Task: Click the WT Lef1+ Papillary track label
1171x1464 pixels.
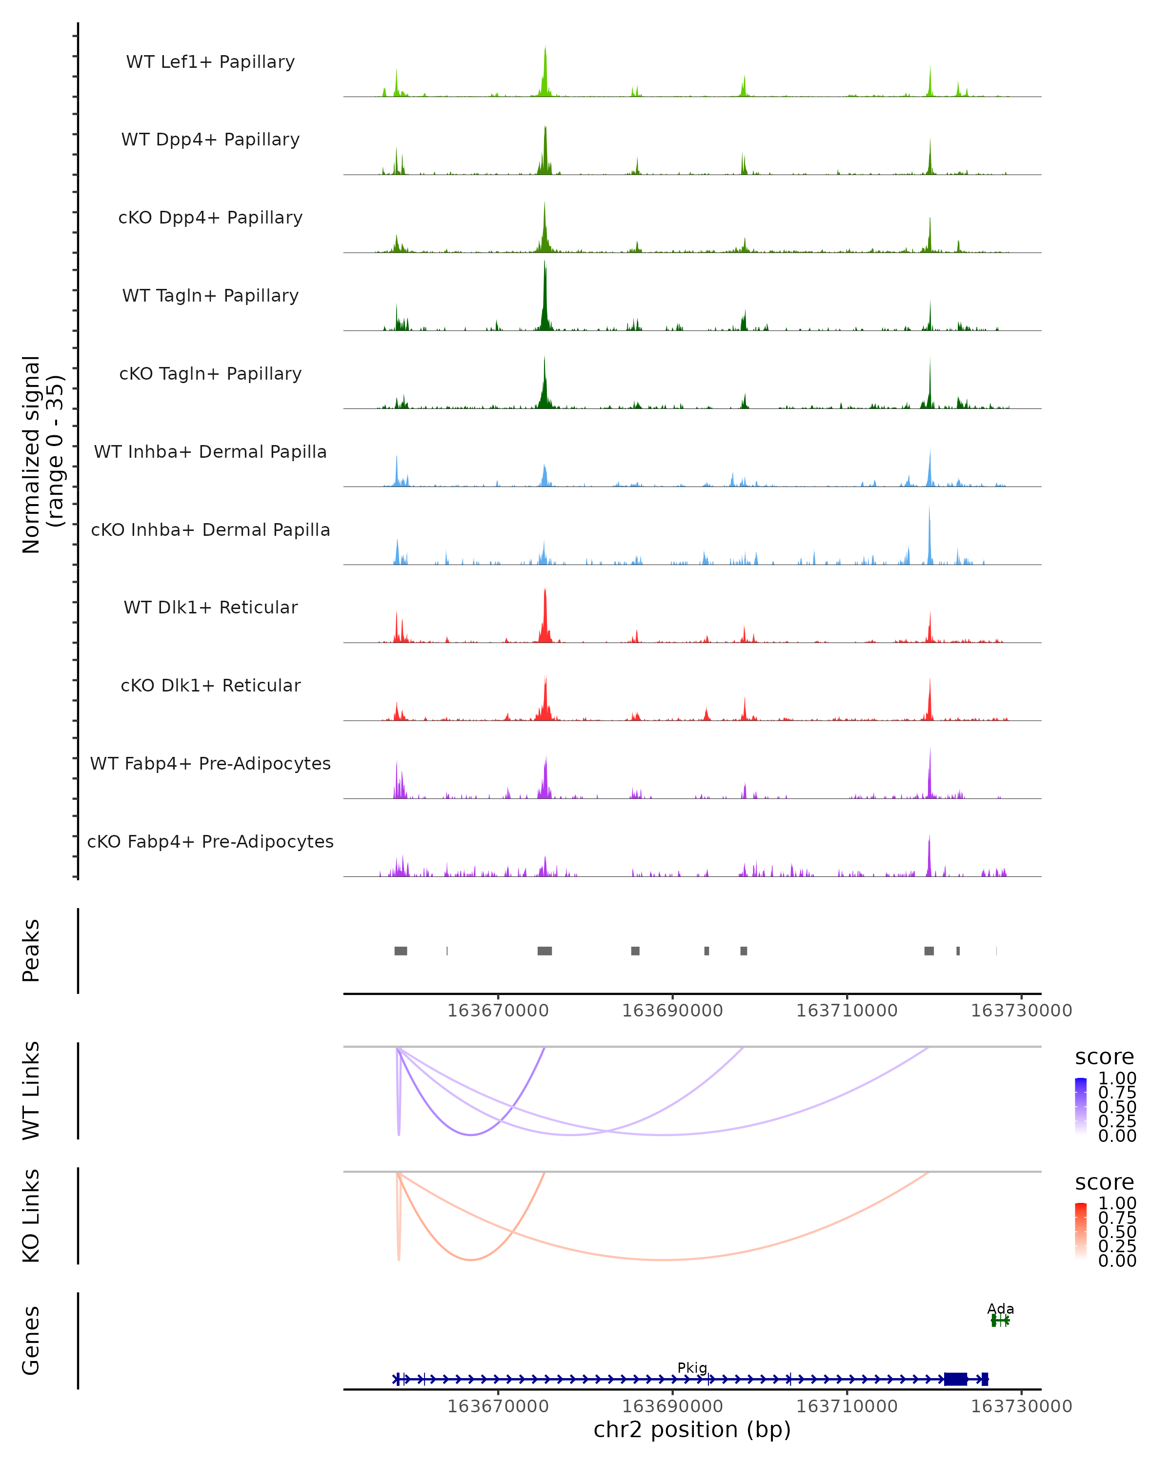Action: (210, 62)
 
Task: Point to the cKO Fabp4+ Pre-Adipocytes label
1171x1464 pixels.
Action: (210, 841)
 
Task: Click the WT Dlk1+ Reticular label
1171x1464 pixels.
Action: (210, 608)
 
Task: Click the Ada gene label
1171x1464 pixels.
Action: (1000, 1308)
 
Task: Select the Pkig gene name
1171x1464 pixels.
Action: (692, 1367)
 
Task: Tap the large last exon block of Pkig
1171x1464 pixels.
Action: (955, 1379)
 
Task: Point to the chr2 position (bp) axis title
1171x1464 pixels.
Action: (692, 1429)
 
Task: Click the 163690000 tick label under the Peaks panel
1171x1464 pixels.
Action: (672, 1011)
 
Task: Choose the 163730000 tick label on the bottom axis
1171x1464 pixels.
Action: (1021, 1405)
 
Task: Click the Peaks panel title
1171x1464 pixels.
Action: (31, 951)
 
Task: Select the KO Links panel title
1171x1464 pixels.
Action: (31, 1216)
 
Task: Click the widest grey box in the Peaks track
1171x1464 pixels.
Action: (545, 951)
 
